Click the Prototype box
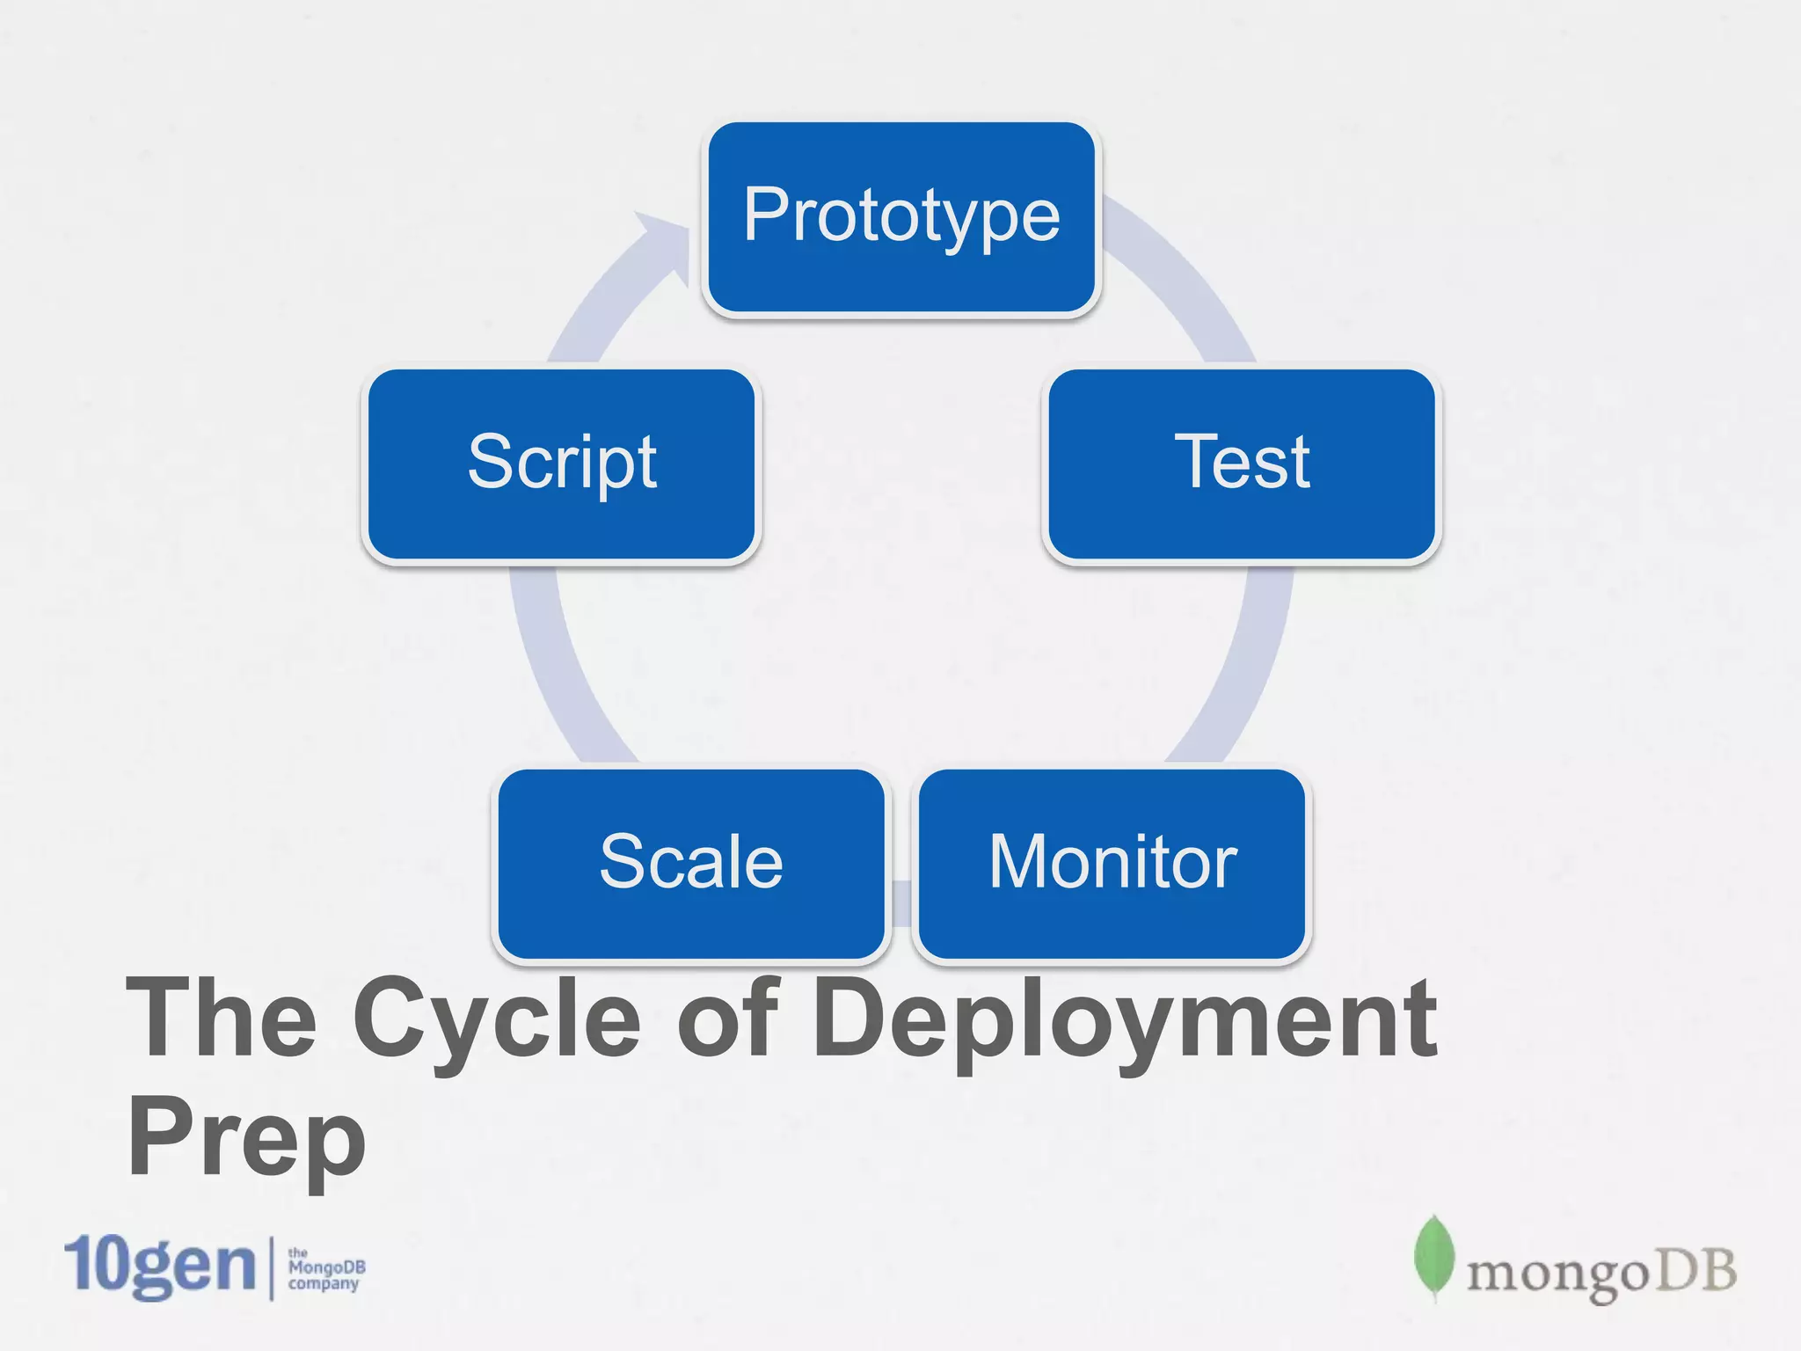pyautogui.click(x=901, y=217)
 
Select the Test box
pyautogui.click(x=1241, y=464)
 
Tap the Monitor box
pyautogui.click(x=1112, y=864)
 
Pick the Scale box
pyautogui.click(x=691, y=864)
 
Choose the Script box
pyautogui.click(x=561, y=464)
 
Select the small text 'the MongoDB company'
pyautogui.click(x=325, y=1268)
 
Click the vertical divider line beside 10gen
pyautogui.click(x=271, y=1267)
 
